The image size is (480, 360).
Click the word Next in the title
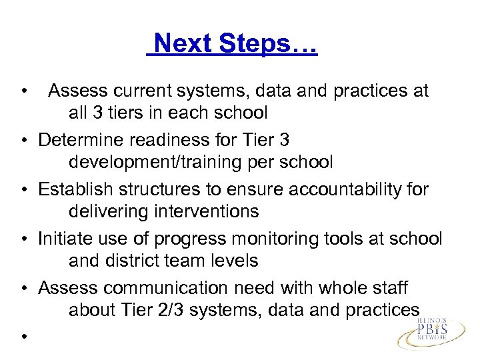(181, 45)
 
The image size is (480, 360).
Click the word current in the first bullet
(145, 91)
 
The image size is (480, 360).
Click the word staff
(390, 289)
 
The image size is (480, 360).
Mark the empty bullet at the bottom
(23, 337)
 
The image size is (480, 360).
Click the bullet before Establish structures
(23, 191)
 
